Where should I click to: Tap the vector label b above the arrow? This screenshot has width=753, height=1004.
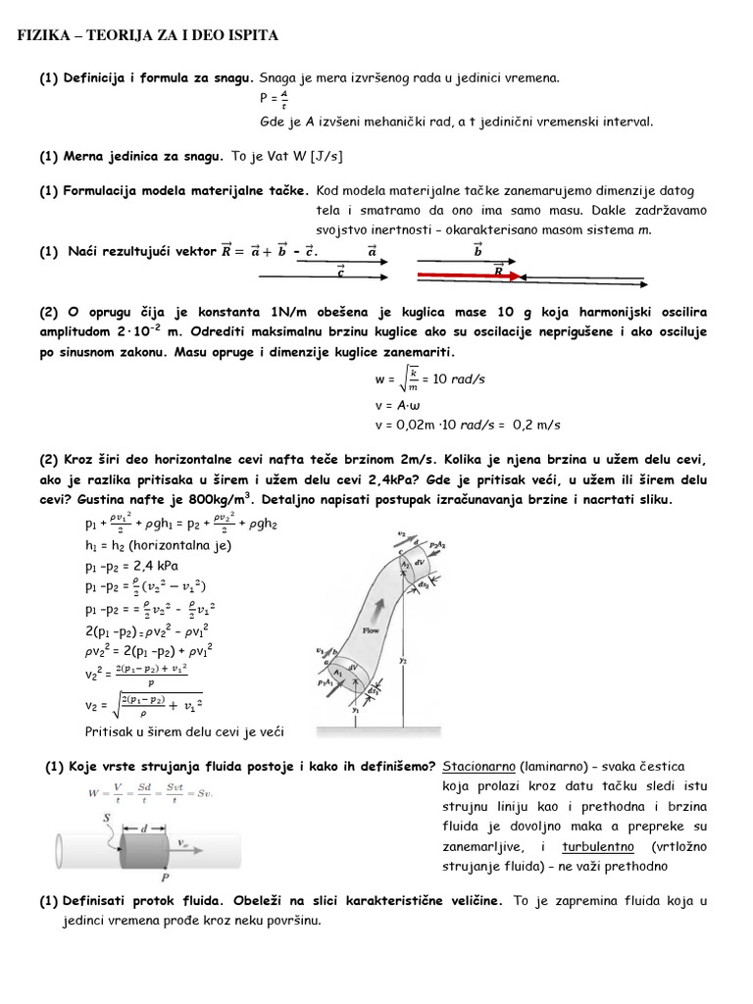click(478, 252)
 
